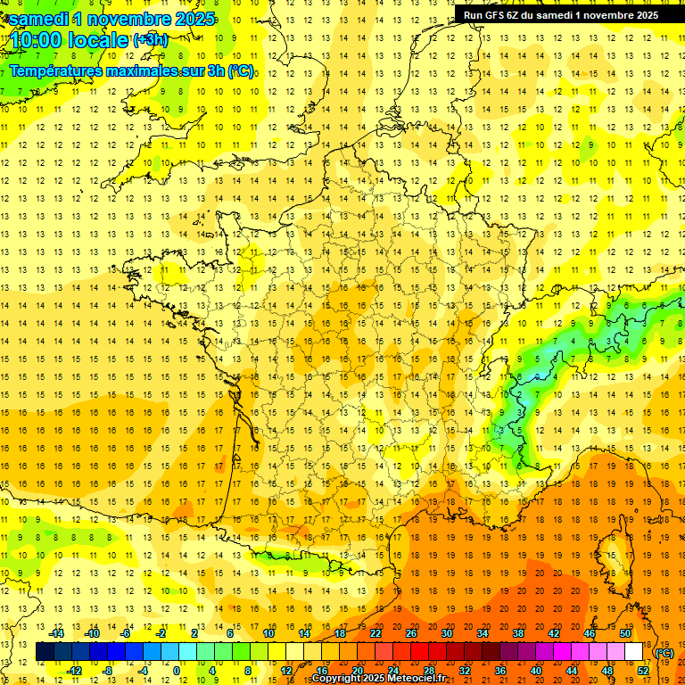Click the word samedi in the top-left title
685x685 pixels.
(x=40, y=19)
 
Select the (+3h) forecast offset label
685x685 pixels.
(x=149, y=39)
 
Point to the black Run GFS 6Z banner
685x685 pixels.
(x=561, y=14)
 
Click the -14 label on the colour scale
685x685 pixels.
(x=58, y=633)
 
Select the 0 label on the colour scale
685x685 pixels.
(x=177, y=671)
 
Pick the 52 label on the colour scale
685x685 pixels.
(x=642, y=671)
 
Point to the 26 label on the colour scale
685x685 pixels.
(x=411, y=633)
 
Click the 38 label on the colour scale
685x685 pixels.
(x=517, y=633)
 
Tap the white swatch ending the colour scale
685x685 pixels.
(x=634, y=651)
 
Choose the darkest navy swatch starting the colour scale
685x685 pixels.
(x=45, y=651)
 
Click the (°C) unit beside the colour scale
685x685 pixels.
(x=664, y=652)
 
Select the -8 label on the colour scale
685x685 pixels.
(x=109, y=671)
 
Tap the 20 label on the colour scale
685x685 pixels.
(x=357, y=671)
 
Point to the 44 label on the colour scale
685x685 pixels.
(x=571, y=671)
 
